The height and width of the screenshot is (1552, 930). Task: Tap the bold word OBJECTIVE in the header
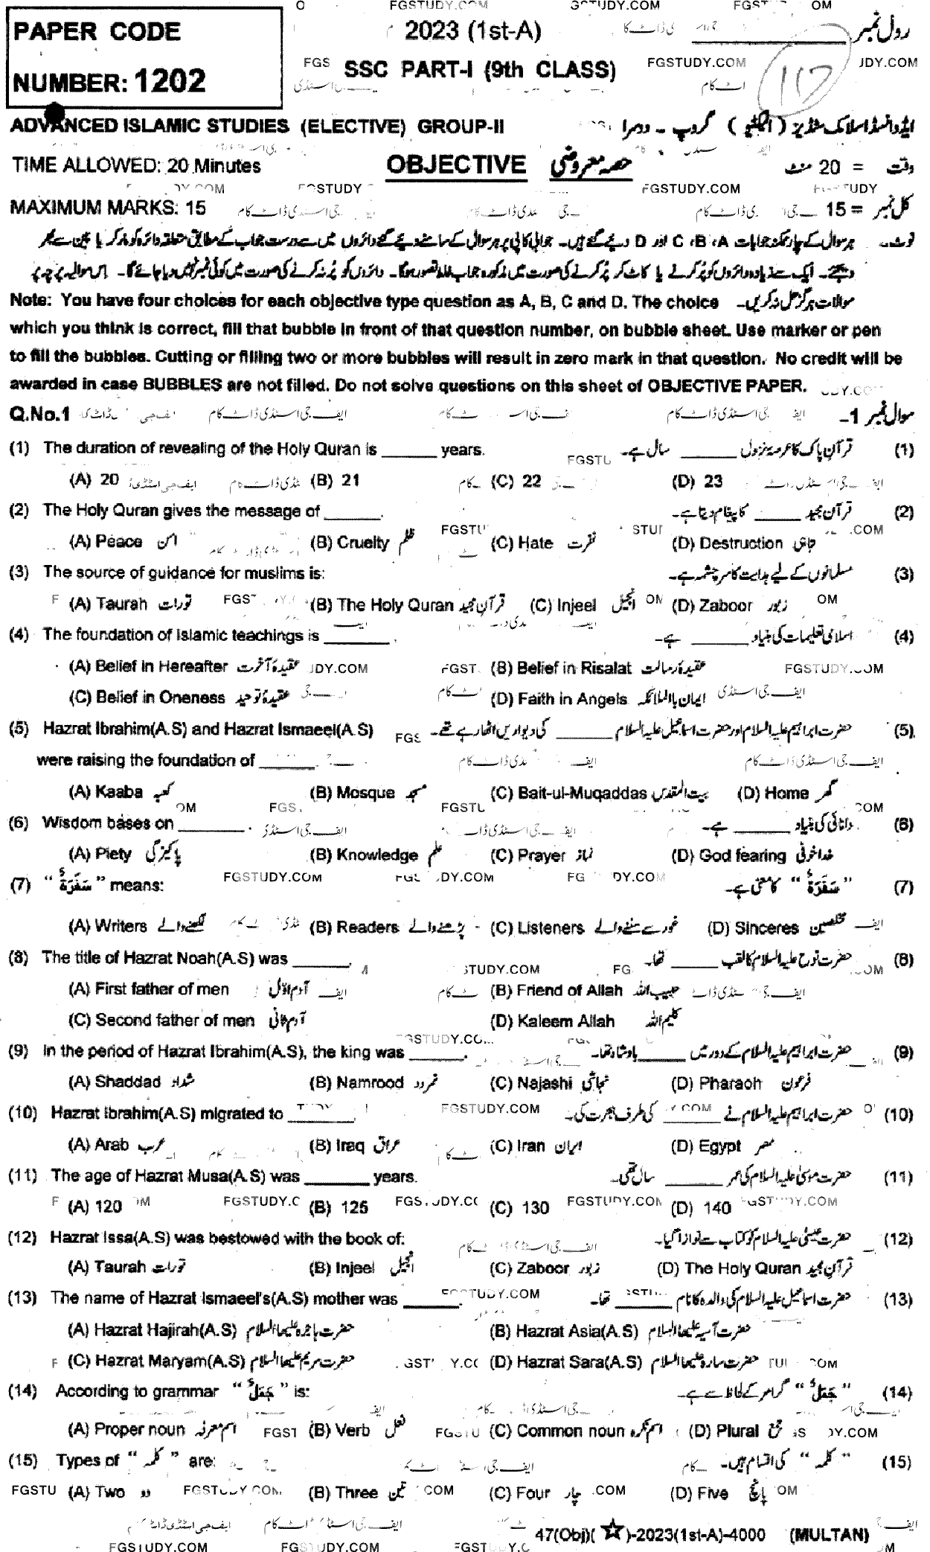(x=456, y=165)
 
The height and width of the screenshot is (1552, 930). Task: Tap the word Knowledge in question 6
(x=376, y=855)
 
